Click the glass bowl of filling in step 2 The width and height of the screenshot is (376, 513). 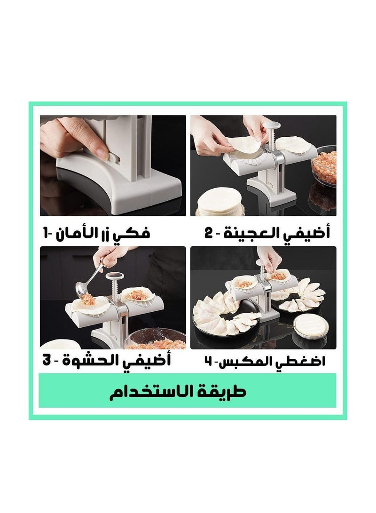(x=325, y=166)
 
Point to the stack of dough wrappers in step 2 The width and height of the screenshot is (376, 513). (x=216, y=202)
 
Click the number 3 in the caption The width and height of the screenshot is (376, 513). (x=47, y=361)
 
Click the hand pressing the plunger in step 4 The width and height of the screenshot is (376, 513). (x=268, y=259)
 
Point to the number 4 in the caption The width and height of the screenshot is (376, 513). (x=208, y=361)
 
